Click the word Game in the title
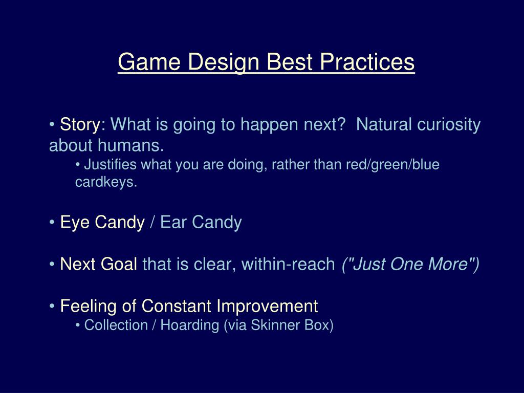coord(149,62)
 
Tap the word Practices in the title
coord(367,62)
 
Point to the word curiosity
coord(449,125)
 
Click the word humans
coord(130,145)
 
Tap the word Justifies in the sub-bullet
coord(111,165)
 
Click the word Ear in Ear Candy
coord(173,222)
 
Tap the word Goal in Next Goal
coord(119,264)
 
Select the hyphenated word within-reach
coord(288,264)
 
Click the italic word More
coord(453,264)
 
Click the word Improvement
coord(267,307)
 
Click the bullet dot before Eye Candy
coord(52,223)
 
